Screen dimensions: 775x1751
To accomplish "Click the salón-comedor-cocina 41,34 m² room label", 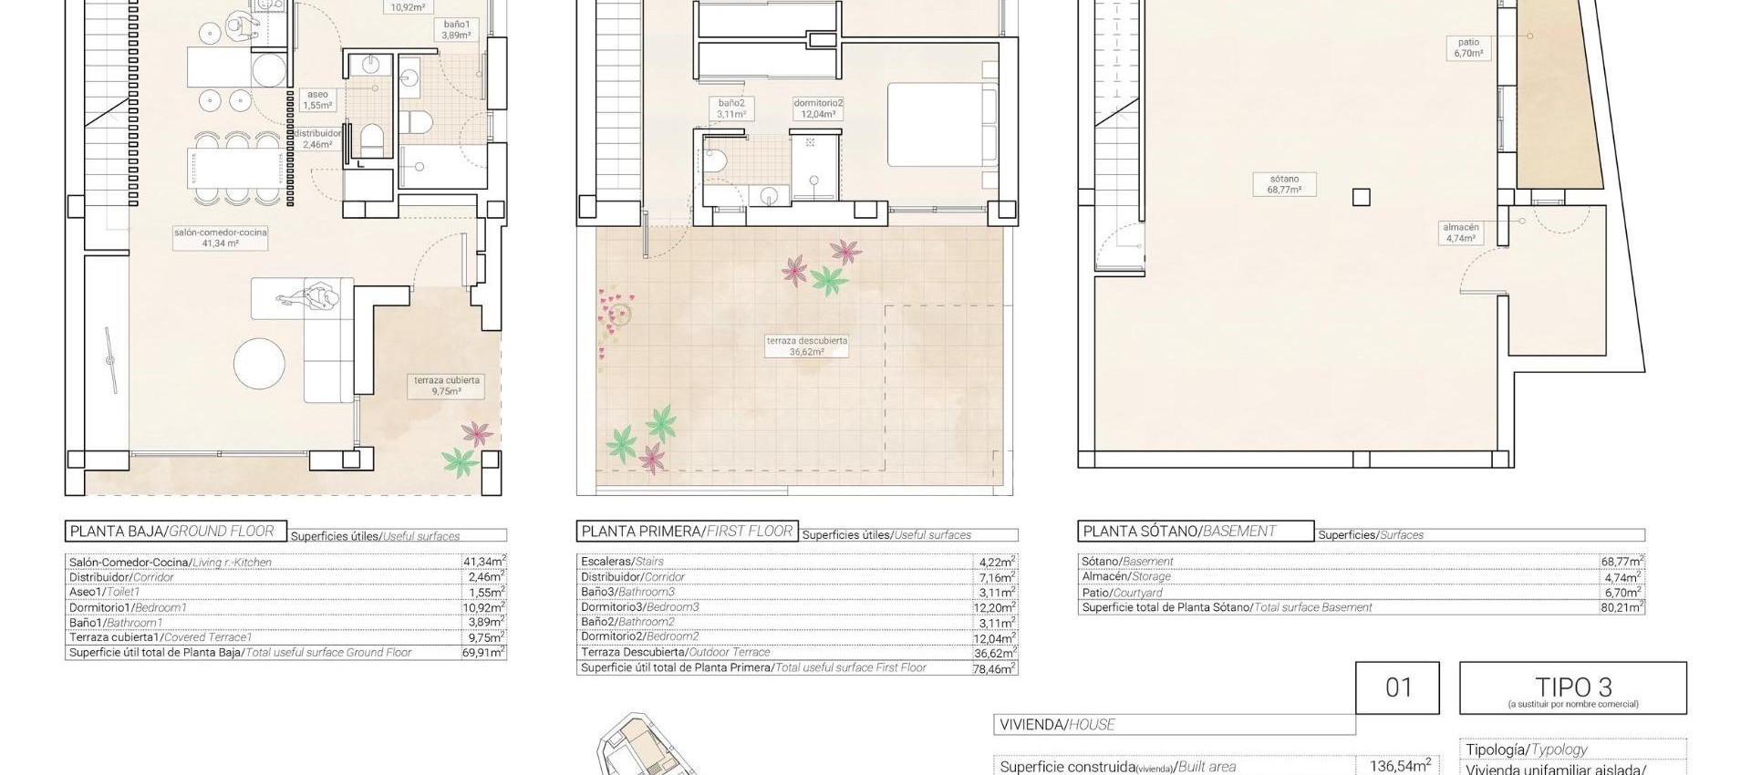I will pyautogui.click(x=220, y=238).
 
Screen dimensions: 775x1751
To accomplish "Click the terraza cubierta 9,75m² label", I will pyautogui.click(x=446, y=386).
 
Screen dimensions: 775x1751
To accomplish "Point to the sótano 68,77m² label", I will pyautogui.click(x=1283, y=185).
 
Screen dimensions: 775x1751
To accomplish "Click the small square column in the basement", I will pyautogui.click(x=1361, y=197).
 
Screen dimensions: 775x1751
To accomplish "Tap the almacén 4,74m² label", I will pyautogui.click(x=1460, y=232).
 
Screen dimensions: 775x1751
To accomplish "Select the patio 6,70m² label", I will pyautogui.click(x=1468, y=47).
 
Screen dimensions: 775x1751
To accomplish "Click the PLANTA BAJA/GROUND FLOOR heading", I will pyautogui.click(x=171, y=532).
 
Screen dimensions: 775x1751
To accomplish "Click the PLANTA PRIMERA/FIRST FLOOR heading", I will pyautogui.click(x=686, y=532).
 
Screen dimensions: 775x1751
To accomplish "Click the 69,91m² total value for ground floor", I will pyautogui.click(x=483, y=653).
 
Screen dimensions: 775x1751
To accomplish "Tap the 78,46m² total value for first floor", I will pyautogui.click(x=994, y=668).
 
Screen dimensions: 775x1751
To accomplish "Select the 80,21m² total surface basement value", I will pyautogui.click(x=1621, y=607).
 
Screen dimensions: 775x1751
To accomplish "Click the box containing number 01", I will pyautogui.click(x=1397, y=687).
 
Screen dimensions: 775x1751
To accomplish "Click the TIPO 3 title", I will pyautogui.click(x=1573, y=687).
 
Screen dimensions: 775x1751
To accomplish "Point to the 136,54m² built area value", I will pyautogui.click(x=1399, y=766).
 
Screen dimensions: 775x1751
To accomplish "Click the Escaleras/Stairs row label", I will pyautogui.click(x=622, y=562).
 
